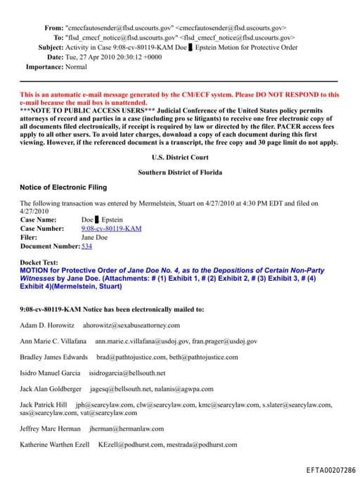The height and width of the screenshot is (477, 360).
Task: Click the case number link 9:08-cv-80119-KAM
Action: coord(111,229)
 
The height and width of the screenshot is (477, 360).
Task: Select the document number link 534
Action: coord(86,246)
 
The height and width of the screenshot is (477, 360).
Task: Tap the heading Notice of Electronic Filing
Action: coord(63,187)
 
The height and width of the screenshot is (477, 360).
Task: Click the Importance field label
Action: coord(44,67)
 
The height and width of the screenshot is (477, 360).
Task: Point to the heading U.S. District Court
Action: coord(180,158)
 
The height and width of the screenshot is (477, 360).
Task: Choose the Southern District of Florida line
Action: coord(180,172)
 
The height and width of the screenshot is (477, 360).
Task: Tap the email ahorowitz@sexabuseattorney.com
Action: coord(131,325)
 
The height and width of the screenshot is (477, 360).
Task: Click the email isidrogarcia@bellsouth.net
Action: coord(127,373)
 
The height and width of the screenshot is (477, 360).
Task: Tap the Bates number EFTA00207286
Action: coord(330,469)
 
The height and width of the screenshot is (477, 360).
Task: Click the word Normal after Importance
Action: coord(76,67)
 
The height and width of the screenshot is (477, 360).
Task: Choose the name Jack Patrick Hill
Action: coord(44,405)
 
